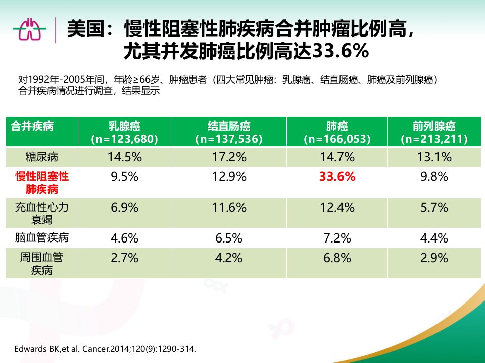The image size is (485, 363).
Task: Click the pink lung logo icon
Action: click(30, 29)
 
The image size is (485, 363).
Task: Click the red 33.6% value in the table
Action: click(337, 177)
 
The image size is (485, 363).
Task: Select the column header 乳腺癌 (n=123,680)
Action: click(124, 132)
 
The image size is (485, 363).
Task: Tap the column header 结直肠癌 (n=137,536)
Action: click(229, 132)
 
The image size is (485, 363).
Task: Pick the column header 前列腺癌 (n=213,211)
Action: click(434, 132)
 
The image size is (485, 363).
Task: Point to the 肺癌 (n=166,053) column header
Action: click(337, 132)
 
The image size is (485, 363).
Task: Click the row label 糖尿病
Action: click(42, 157)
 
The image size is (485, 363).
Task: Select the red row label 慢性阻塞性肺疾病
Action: click(42, 183)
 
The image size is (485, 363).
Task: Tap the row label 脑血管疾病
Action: click(42, 237)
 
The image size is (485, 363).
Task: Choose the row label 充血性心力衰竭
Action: click(42, 213)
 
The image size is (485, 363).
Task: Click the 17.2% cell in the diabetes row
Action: click(229, 157)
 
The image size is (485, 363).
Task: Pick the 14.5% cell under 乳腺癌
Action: click(124, 157)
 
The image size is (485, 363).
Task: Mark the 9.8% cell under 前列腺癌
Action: click(434, 177)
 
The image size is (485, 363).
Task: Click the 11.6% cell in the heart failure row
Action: click(229, 207)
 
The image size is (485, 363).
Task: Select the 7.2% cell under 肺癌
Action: click(337, 238)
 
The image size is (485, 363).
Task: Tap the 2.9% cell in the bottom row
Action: click(434, 258)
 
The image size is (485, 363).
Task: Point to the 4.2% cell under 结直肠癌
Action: click(229, 258)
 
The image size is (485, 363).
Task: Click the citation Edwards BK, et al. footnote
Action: click(105, 349)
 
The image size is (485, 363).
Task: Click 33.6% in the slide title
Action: click(341, 51)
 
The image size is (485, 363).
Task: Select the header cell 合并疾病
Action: click(32, 126)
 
